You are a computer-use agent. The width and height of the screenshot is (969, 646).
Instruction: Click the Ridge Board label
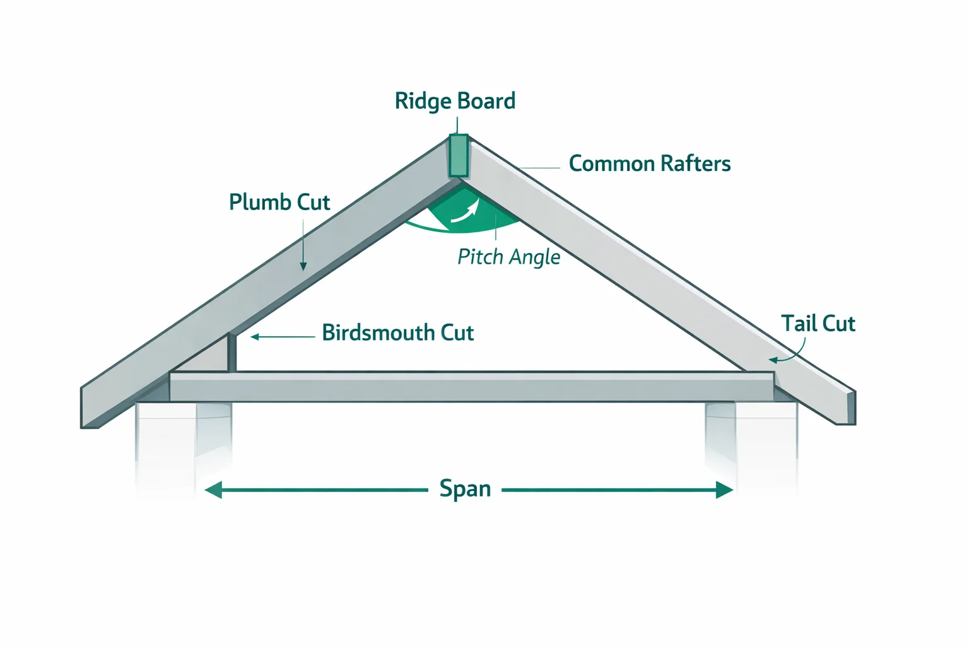pos(455,101)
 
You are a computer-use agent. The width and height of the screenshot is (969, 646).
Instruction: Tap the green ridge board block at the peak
pos(458,156)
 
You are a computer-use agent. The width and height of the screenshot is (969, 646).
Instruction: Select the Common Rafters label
pos(649,164)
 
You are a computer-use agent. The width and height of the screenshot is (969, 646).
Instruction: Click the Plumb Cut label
pos(279,203)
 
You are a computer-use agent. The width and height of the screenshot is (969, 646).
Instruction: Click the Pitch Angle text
pos(508,257)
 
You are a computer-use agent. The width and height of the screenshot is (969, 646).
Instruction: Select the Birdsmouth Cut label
pos(397,333)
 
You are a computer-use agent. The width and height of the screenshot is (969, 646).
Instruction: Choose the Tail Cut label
pos(818,324)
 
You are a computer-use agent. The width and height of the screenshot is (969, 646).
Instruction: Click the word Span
pos(465,489)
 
